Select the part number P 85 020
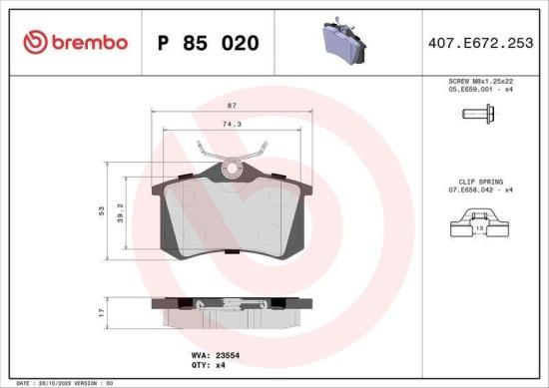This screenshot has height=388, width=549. click(x=209, y=43)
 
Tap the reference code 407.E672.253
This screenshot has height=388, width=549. click(x=481, y=43)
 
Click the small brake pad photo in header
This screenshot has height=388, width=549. click(x=342, y=41)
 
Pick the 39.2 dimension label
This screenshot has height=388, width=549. click(x=122, y=209)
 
